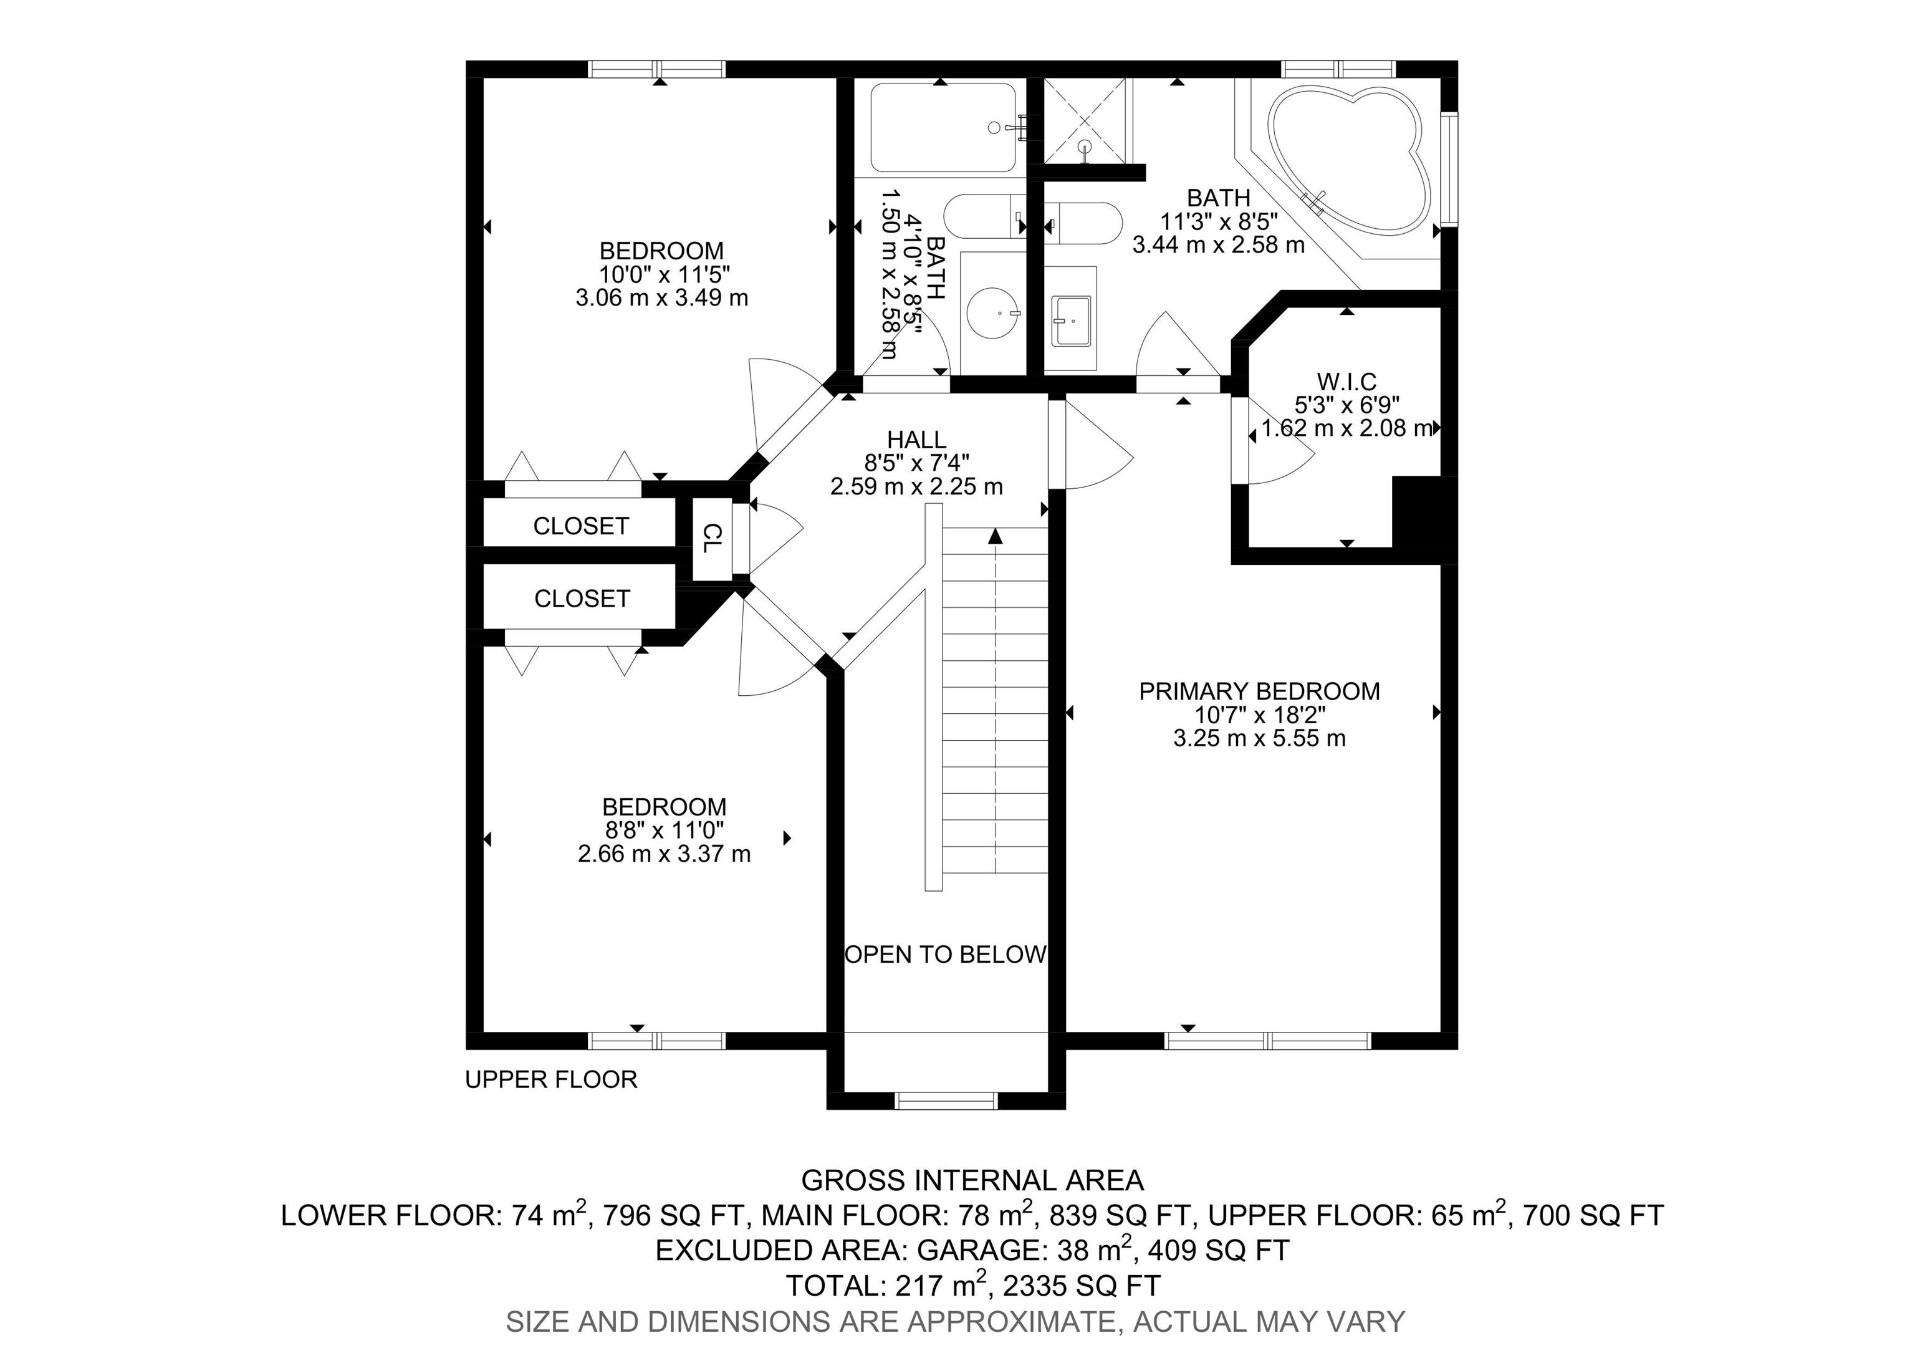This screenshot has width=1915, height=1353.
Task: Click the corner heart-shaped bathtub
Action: tap(1343, 158)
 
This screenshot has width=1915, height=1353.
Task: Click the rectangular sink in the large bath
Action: tap(1071, 320)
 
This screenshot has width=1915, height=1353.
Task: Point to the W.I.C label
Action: tap(1347, 382)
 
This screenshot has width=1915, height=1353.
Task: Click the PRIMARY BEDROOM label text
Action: tap(1259, 691)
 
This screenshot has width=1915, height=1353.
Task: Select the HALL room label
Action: tap(916, 440)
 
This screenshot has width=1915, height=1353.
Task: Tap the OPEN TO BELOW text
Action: tap(946, 955)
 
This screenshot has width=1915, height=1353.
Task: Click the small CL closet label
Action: tap(711, 538)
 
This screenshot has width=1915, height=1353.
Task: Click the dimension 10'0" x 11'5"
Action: tap(665, 274)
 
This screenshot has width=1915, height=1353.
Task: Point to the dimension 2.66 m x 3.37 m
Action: tap(665, 854)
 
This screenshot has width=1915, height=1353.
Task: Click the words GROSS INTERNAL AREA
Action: tap(972, 1180)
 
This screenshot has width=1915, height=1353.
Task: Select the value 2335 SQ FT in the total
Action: tap(1082, 1286)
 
